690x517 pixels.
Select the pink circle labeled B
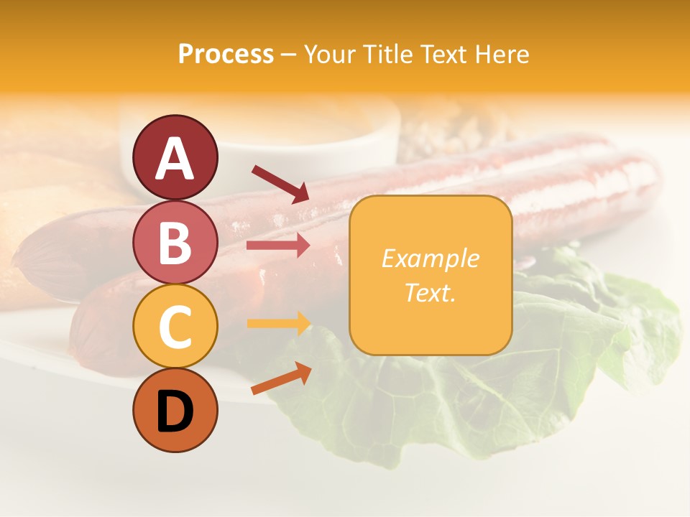(175, 243)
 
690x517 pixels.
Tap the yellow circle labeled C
(175, 327)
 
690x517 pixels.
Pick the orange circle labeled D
(175, 411)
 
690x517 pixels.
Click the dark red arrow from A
(280, 184)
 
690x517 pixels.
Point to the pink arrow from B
(278, 246)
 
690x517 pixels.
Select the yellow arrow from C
(279, 323)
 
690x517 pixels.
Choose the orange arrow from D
(281, 378)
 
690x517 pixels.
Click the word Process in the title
(226, 54)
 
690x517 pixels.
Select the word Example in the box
(430, 258)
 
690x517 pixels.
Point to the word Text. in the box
(430, 293)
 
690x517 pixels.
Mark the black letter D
(175, 412)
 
